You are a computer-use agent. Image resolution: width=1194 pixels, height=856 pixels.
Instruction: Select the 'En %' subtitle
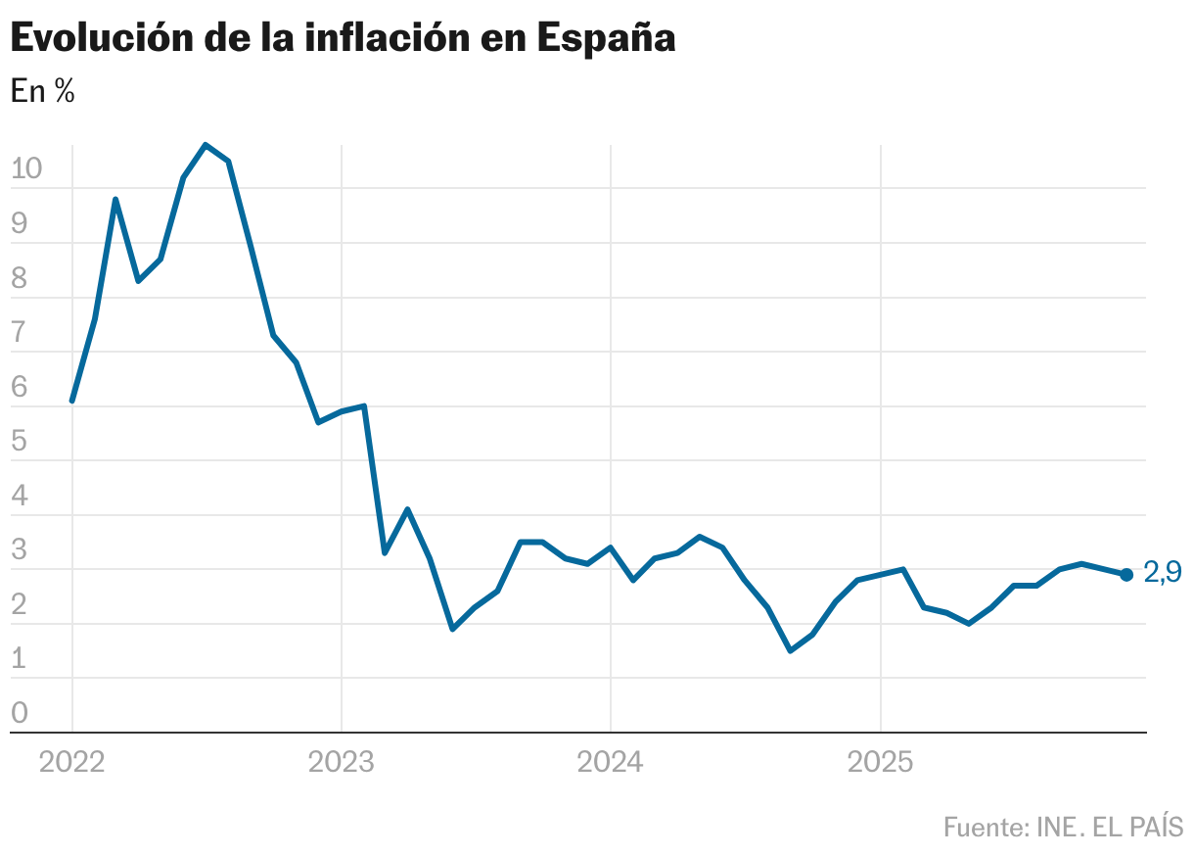(x=42, y=91)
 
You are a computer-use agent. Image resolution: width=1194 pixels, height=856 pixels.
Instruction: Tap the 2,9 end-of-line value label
(x=1162, y=573)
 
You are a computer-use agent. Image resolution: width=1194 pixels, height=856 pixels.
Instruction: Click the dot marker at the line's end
(x=1126, y=575)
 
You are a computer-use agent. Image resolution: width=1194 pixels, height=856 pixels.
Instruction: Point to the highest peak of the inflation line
(x=206, y=145)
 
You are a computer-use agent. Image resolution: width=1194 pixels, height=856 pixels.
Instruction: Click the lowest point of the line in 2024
(x=790, y=650)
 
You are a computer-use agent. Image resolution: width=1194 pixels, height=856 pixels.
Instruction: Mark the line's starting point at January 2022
(x=72, y=401)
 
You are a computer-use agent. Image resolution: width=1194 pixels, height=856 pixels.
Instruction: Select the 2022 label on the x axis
(x=72, y=761)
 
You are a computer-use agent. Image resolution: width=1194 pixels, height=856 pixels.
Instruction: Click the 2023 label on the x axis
(x=342, y=761)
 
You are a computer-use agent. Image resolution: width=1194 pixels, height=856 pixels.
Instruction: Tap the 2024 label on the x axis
(x=611, y=761)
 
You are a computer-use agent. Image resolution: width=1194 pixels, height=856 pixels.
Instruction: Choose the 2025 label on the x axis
(x=880, y=761)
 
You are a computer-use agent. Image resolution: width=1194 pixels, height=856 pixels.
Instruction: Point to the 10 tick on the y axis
(x=26, y=168)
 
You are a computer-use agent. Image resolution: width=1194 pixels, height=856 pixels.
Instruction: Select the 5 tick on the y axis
(x=20, y=441)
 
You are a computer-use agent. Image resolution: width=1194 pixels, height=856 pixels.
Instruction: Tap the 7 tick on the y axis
(x=20, y=332)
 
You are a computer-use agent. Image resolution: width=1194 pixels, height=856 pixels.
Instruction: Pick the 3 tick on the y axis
(x=20, y=549)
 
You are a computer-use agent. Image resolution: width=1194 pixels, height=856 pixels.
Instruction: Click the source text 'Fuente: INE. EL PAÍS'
(x=1063, y=827)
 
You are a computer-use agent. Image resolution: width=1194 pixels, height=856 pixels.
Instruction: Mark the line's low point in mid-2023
(x=452, y=629)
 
